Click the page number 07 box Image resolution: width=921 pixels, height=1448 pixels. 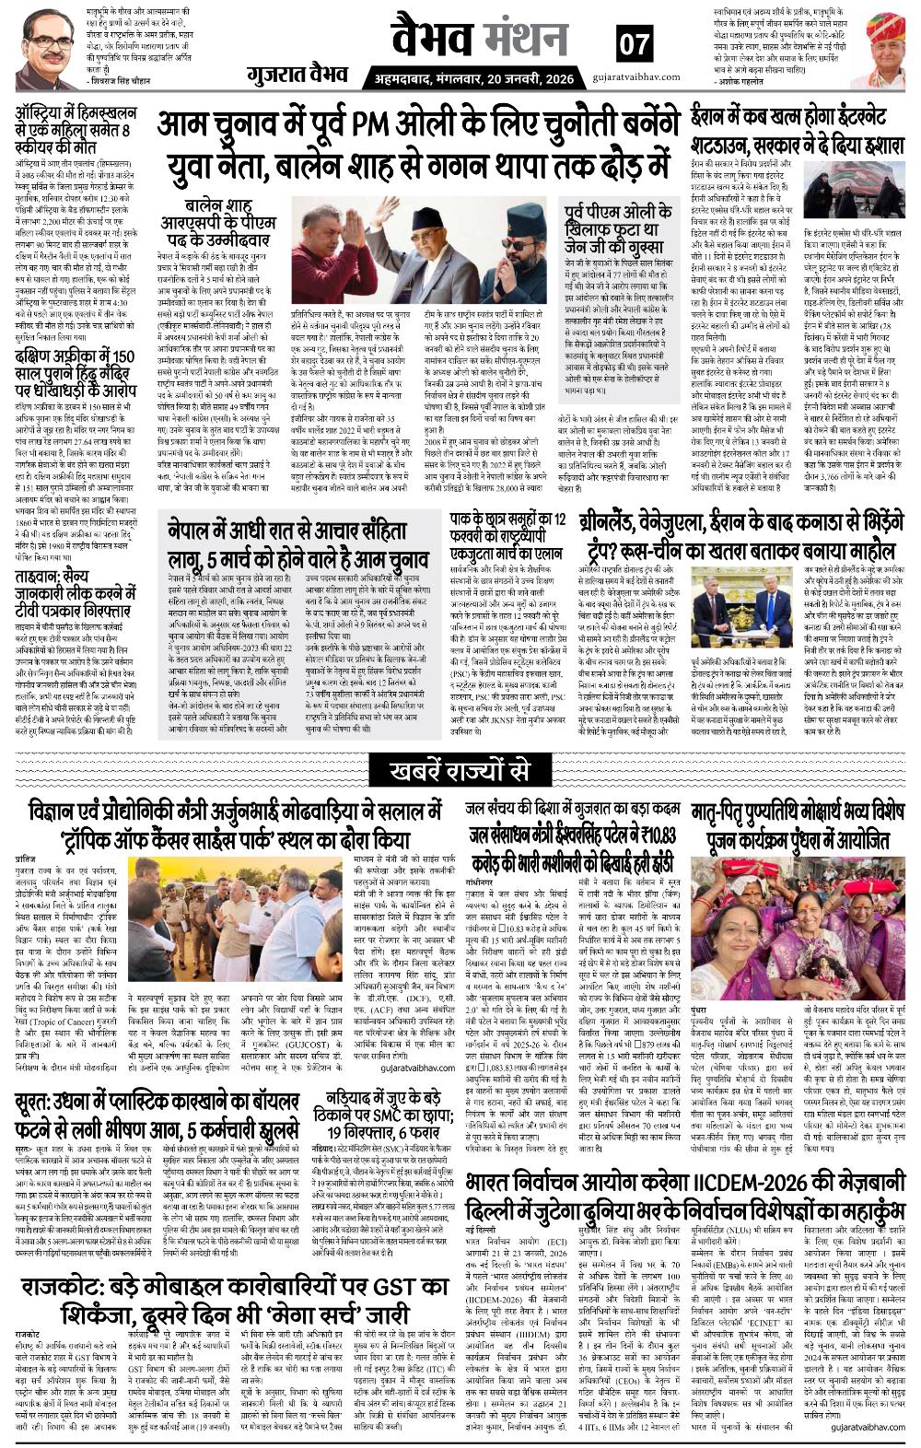coord(633,42)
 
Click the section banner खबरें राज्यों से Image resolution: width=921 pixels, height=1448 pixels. coord(460,767)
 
